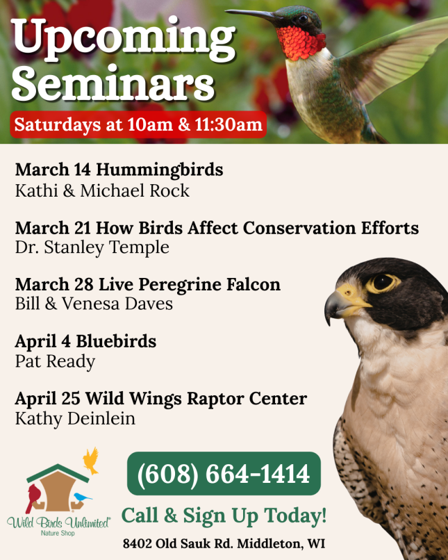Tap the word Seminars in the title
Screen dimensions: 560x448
click(x=113, y=85)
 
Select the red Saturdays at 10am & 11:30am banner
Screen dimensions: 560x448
click(x=138, y=125)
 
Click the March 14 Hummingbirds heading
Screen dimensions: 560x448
click(x=119, y=170)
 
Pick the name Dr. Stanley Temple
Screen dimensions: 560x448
click(x=92, y=247)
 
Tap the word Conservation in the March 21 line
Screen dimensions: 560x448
click(x=306, y=228)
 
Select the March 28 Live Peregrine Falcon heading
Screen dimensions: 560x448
click(x=147, y=284)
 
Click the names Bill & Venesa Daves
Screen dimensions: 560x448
click(x=94, y=304)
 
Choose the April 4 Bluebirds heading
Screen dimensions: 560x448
click(x=85, y=342)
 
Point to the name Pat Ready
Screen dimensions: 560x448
click(x=55, y=361)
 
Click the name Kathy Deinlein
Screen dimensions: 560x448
click(x=75, y=418)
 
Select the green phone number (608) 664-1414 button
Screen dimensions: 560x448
click(x=224, y=474)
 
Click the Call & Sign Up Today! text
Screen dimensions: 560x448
click(x=224, y=516)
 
